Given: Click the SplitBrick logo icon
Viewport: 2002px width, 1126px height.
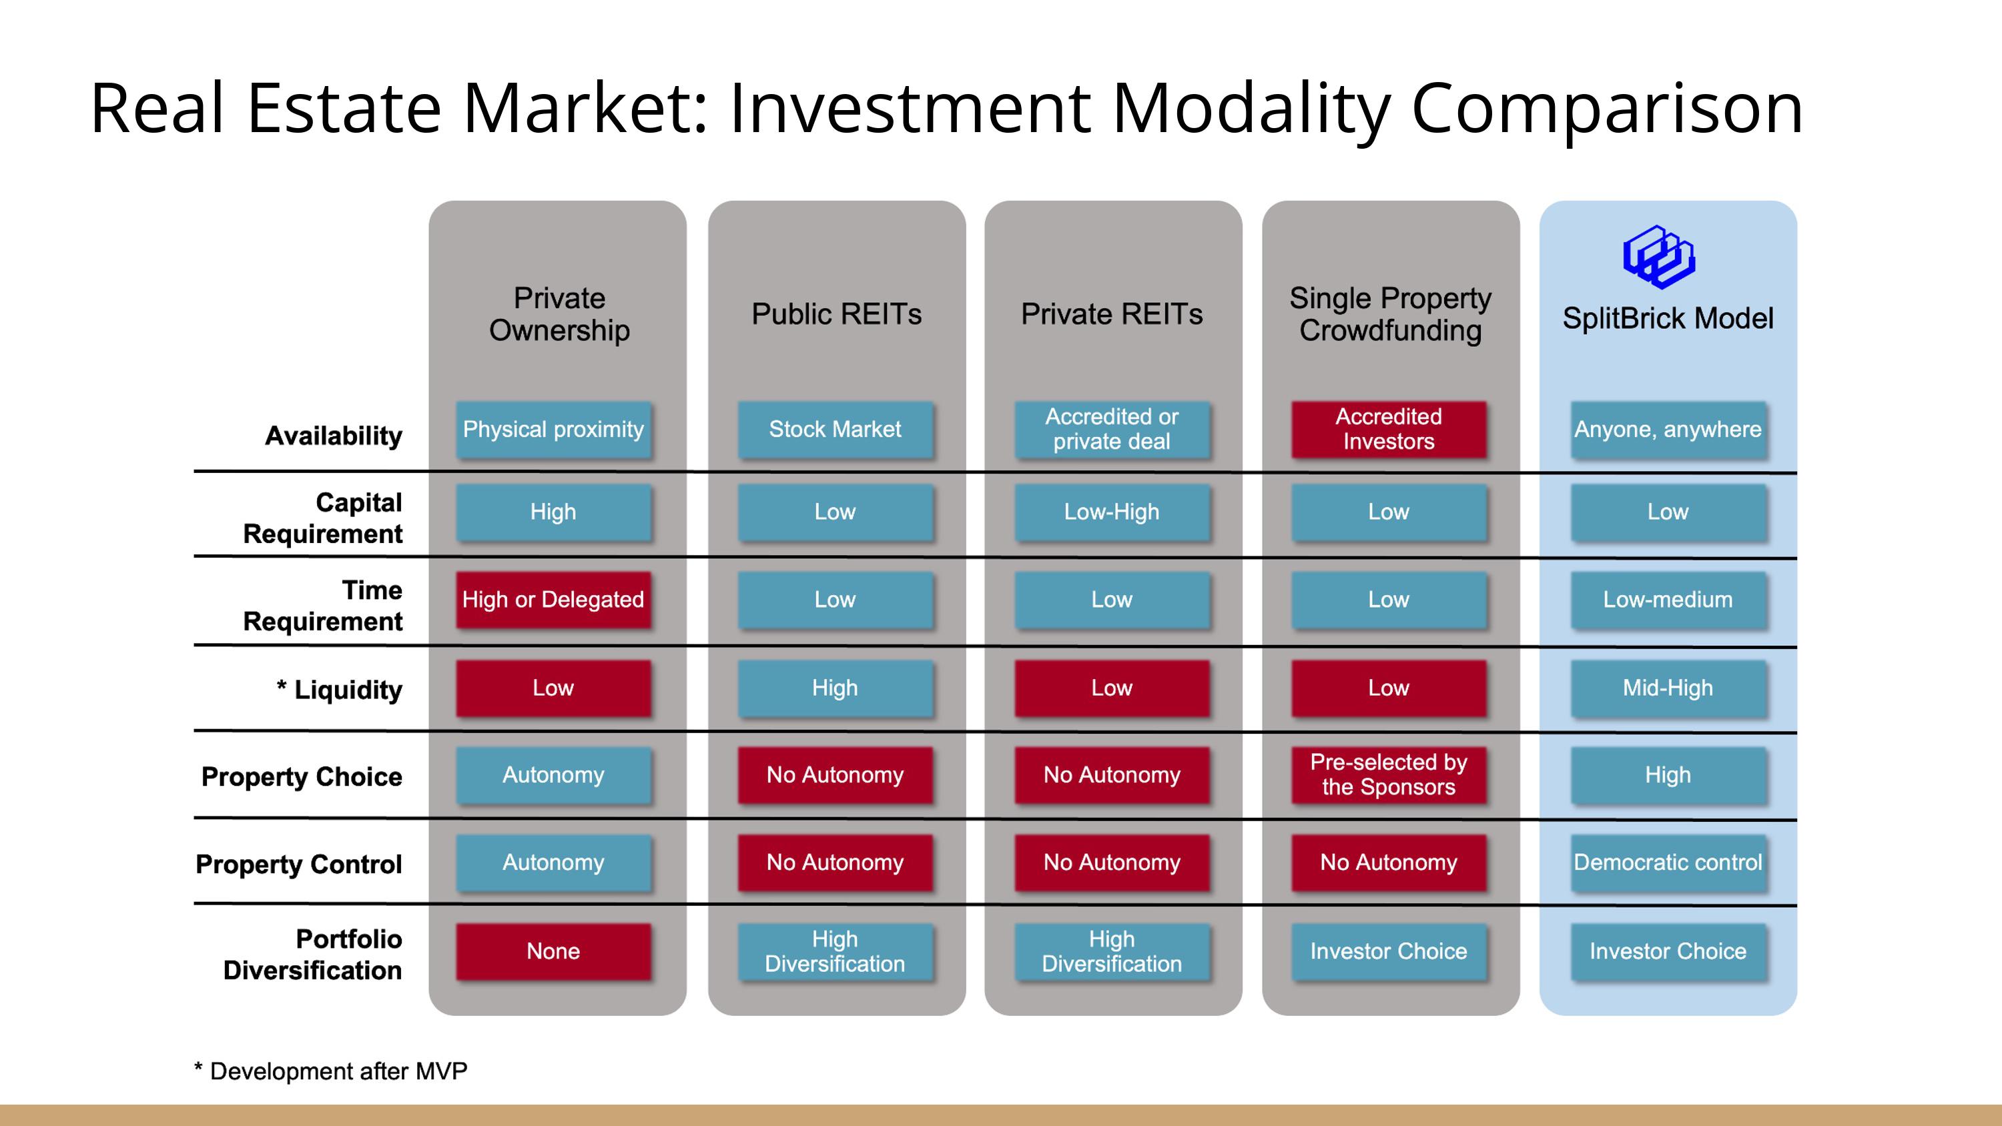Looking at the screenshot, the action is pos(1658,257).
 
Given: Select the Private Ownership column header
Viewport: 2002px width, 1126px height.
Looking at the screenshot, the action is pos(559,314).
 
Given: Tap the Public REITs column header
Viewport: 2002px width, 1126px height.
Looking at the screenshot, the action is pos(836,314).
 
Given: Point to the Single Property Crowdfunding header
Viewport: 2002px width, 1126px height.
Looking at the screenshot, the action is pos(1390,314).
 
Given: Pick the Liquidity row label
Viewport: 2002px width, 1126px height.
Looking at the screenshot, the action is pos(340,689).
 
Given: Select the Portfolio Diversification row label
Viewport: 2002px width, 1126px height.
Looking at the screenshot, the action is pos(312,955).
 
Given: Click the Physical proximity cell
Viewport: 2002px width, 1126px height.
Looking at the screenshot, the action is pos(553,430).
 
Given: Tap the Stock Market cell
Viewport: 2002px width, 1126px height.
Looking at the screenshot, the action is pos(835,430).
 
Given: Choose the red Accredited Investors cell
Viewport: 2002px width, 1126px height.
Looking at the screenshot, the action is pos(1389,430).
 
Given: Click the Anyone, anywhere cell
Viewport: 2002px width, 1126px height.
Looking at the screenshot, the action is pos(1668,430).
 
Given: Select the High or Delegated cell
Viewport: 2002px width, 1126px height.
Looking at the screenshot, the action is pos(553,600).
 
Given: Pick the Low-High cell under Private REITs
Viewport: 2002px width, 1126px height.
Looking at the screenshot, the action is pos(1112,512).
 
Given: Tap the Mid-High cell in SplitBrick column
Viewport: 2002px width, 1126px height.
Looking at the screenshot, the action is pos(1668,688).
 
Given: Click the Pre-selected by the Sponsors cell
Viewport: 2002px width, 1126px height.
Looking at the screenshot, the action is pos(1389,774).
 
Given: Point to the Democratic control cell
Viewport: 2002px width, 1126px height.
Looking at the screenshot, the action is pos(1668,863).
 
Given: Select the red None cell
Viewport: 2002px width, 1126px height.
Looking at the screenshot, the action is pos(553,951).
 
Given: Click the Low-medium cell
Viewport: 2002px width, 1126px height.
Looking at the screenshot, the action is pos(1668,600).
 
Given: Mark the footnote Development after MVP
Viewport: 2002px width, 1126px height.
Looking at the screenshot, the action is pos(330,1071).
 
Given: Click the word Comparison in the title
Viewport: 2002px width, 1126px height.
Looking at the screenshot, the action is pos(1606,109).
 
